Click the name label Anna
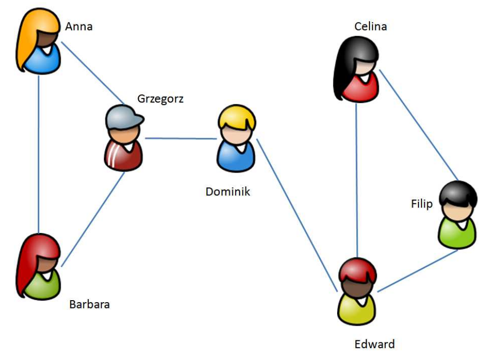click(x=79, y=26)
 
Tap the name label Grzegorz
click(x=160, y=99)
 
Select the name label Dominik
click(x=227, y=192)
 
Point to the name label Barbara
click(x=89, y=305)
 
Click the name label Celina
click(x=370, y=26)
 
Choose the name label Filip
click(x=421, y=204)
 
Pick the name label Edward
click(x=374, y=344)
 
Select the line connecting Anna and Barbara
click(x=39, y=152)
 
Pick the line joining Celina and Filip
click(x=419, y=125)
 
